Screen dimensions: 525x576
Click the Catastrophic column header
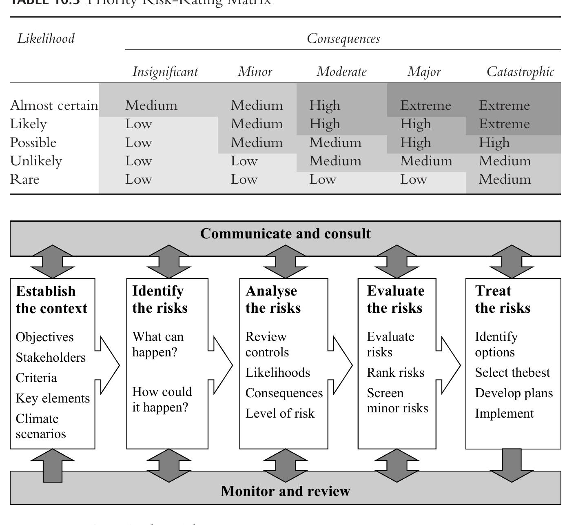[520, 72]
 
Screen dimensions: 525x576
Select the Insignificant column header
[165, 72]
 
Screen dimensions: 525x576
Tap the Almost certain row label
[54, 105]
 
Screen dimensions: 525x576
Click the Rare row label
[25, 179]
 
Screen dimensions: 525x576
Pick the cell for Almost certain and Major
[425, 105]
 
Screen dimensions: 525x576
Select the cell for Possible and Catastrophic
[494, 142]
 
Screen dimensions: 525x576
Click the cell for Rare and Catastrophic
[505, 179]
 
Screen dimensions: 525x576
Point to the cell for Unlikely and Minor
[244, 161]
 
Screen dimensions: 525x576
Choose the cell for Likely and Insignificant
[138, 124]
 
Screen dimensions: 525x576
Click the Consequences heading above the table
[343, 38]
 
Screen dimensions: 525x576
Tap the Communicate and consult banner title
[285, 234]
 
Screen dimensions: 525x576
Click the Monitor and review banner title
[285, 491]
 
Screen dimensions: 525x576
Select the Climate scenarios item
[40, 426]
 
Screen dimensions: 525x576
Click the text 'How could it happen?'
[162, 399]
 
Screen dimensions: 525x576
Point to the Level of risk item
[280, 413]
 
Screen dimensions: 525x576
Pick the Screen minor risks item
[397, 400]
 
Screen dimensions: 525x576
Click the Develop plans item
[514, 393]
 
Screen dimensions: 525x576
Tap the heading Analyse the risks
[273, 299]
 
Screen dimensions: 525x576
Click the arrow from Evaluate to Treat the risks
[448, 365]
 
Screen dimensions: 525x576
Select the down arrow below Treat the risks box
[512, 465]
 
